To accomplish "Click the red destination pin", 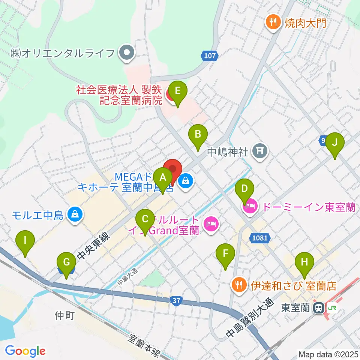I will [172, 170].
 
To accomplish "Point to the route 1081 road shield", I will [260, 237].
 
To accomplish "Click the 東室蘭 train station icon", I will [319, 308].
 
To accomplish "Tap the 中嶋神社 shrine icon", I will [260, 151].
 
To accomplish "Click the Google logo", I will [25, 351].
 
